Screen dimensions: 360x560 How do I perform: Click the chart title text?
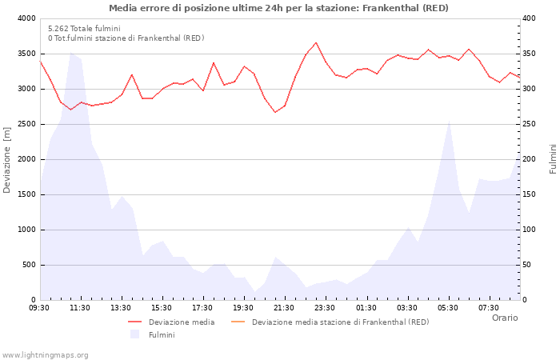[278, 8]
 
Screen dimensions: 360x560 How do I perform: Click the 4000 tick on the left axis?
[26, 18]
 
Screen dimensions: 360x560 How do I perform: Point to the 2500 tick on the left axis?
[26, 124]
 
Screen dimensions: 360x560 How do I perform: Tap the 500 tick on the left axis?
[28, 265]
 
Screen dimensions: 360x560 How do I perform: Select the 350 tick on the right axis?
[531, 54]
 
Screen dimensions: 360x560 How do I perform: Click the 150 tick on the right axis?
[531, 194]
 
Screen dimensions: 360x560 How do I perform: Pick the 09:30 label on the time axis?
[39, 307]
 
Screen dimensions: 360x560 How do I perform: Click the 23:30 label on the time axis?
[325, 307]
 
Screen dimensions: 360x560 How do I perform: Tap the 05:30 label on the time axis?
[448, 307]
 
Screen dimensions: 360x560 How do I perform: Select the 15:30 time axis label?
[162, 307]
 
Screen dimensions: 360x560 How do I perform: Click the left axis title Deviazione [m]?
[8, 159]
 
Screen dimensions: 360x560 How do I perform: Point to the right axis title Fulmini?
[552, 159]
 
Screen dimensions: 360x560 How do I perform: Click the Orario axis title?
[504, 318]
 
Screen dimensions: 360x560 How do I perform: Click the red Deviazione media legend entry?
[181, 322]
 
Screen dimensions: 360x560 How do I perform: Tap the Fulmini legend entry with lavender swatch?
[161, 334]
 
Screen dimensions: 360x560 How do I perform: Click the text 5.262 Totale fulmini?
[84, 29]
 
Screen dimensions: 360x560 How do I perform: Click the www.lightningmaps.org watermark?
[46, 354]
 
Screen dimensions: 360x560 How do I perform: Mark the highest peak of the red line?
[316, 42]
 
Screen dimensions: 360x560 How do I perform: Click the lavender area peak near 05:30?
[449, 121]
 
